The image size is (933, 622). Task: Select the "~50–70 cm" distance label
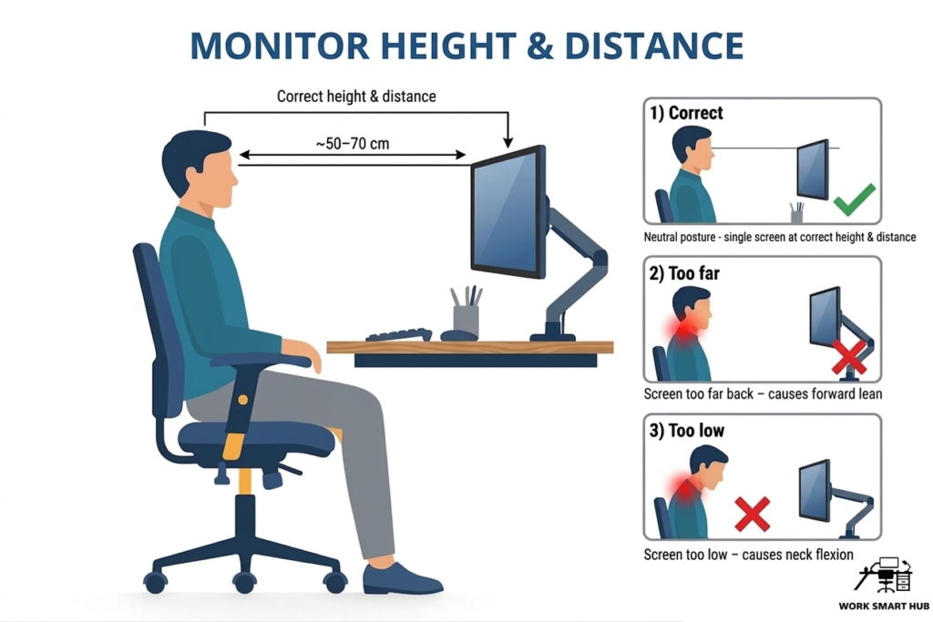tap(352, 144)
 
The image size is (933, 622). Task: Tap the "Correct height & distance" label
tap(356, 96)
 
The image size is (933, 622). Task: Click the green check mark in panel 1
tap(853, 198)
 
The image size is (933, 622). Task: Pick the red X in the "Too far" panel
tap(849, 358)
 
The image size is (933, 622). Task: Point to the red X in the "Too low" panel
tap(753, 514)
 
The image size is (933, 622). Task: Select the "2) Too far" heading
tap(684, 272)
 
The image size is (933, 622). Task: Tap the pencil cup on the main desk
tap(466, 319)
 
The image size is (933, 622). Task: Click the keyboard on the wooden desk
tap(398, 334)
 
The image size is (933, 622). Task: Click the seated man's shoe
tap(401, 578)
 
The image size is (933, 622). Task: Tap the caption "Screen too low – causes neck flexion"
tap(748, 554)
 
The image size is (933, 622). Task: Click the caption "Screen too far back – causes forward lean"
tap(763, 394)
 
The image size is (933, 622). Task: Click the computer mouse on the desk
tap(457, 335)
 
